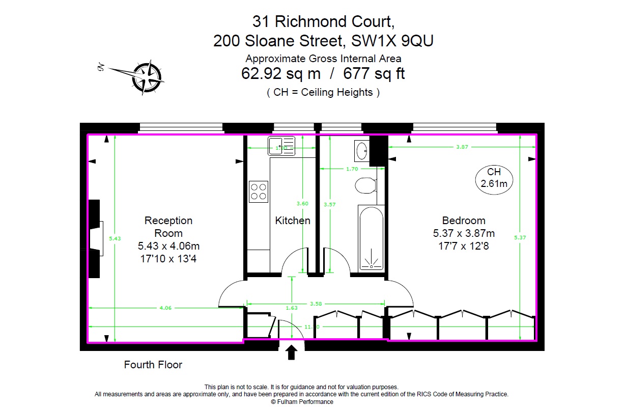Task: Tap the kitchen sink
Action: (281, 146)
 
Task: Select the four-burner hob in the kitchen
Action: (259, 192)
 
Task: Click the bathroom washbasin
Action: (362, 150)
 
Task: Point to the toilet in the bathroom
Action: (366, 185)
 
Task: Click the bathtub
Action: (371, 238)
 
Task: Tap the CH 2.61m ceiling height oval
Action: (494, 178)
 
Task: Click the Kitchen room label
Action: (293, 221)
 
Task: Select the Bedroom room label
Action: (464, 221)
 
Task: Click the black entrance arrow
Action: (292, 352)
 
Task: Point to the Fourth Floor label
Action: (153, 365)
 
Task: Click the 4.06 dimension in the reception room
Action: (166, 308)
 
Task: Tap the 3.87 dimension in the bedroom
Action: (462, 147)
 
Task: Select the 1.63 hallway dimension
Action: (292, 308)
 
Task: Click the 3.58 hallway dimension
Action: (316, 304)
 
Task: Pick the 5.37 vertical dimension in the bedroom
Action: (519, 237)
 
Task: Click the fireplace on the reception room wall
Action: (96, 238)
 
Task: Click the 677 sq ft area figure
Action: (374, 74)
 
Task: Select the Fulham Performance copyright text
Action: (302, 402)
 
